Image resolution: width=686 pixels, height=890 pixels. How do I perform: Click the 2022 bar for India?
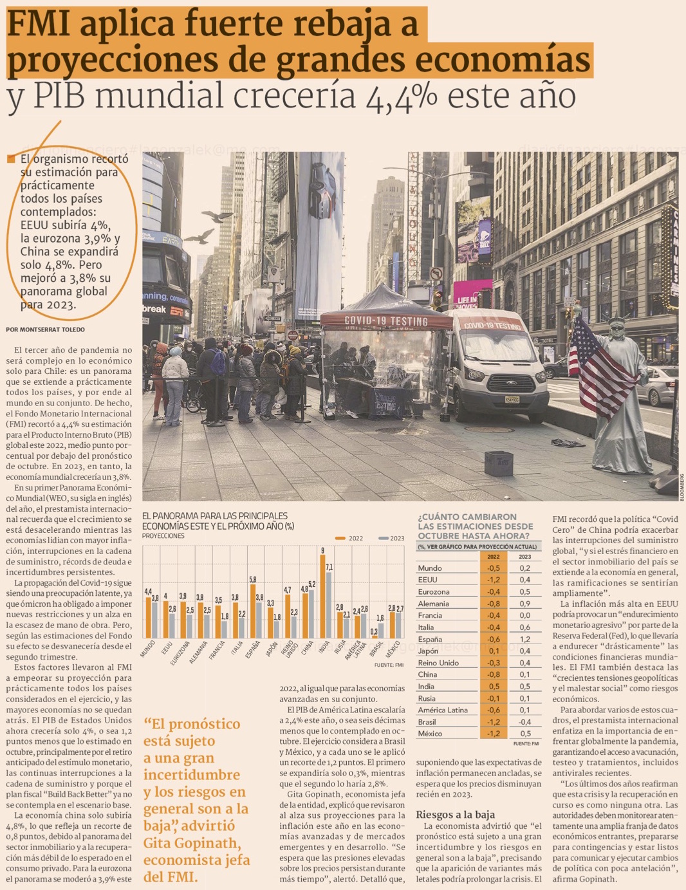pyautogui.click(x=322, y=595)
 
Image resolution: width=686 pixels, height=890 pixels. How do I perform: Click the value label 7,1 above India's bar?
pyautogui.click(x=329, y=568)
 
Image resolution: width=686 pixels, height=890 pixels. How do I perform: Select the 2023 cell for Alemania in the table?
pyautogui.click(x=525, y=604)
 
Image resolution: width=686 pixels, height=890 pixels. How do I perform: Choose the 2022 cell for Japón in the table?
pyautogui.click(x=494, y=651)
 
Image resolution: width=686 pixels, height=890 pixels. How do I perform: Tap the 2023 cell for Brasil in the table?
pyautogui.click(x=525, y=722)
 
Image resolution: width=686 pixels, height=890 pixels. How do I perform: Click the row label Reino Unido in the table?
pyautogui.click(x=438, y=663)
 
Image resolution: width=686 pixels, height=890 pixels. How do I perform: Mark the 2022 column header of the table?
pyautogui.click(x=494, y=557)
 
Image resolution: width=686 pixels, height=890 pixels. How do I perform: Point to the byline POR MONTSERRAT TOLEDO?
pyautogui.click(x=45, y=329)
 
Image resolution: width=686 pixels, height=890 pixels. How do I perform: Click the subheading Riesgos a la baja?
pyautogui.click(x=455, y=814)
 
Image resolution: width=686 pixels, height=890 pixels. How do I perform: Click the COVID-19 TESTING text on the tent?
pyautogui.click(x=386, y=320)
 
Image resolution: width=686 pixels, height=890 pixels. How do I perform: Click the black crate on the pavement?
pyautogui.click(x=498, y=463)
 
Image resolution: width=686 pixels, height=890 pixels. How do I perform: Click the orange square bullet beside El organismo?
pyautogui.click(x=10, y=159)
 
